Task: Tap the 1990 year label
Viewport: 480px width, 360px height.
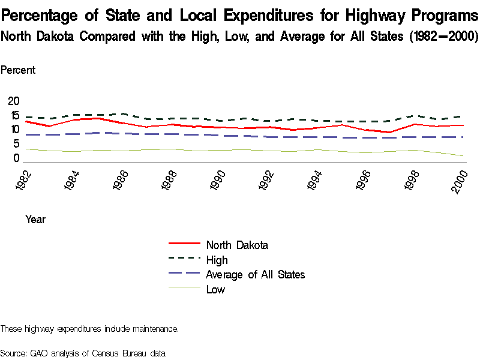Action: pos(219,179)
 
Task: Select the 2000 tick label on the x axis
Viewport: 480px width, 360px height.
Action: pos(460,179)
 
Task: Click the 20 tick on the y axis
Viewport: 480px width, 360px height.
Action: pos(13,101)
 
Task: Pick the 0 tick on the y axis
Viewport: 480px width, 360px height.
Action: pos(16,158)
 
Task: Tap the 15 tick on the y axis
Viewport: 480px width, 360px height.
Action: pos(13,115)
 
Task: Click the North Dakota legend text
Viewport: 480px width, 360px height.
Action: pos(236,245)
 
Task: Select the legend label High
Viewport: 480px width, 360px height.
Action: pos(217,260)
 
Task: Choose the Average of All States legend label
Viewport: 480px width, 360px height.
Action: pos(255,275)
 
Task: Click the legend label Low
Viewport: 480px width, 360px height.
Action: pos(215,290)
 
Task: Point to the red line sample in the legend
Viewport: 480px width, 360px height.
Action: pos(184,244)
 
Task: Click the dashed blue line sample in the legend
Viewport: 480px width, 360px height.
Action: pos(184,274)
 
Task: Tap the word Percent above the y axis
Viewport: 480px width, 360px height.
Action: pos(18,70)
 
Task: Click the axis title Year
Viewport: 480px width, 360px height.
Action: pos(35,220)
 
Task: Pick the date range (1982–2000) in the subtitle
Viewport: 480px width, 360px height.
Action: pos(442,36)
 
